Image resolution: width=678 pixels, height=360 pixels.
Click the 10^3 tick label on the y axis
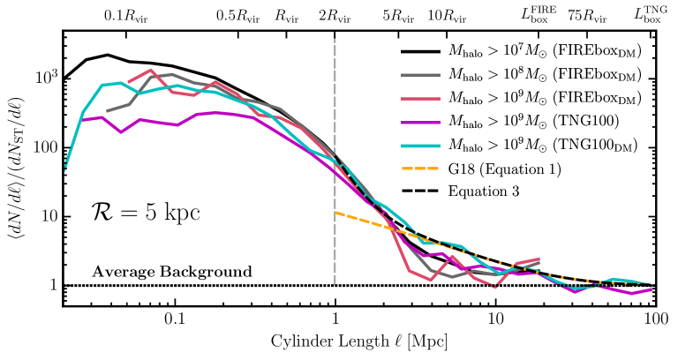[x=45, y=78]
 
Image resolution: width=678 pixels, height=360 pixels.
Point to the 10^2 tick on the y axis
[x=45, y=147]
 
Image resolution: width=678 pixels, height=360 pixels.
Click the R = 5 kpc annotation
[x=146, y=213]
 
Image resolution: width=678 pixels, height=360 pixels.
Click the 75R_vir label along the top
[x=587, y=15]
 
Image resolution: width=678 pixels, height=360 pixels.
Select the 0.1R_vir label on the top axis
[x=119, y=15]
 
